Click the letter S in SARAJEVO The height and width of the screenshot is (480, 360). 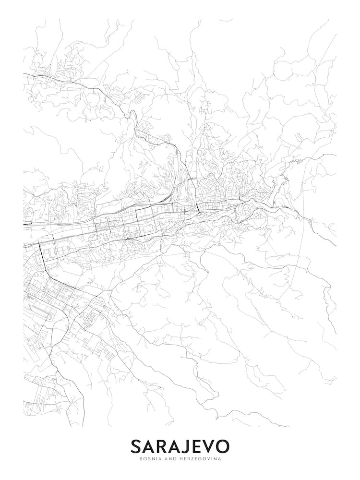point(136,446)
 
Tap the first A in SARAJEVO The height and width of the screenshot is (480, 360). point(149,446)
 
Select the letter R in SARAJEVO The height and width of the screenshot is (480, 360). point(162,446)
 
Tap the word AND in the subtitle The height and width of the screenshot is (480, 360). point(169,459)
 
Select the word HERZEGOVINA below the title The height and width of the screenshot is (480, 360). point(201,459)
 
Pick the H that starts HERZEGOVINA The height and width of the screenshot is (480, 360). point(180,459)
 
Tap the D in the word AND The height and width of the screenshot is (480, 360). point(173,459)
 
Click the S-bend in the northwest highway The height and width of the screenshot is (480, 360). point(129,115)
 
